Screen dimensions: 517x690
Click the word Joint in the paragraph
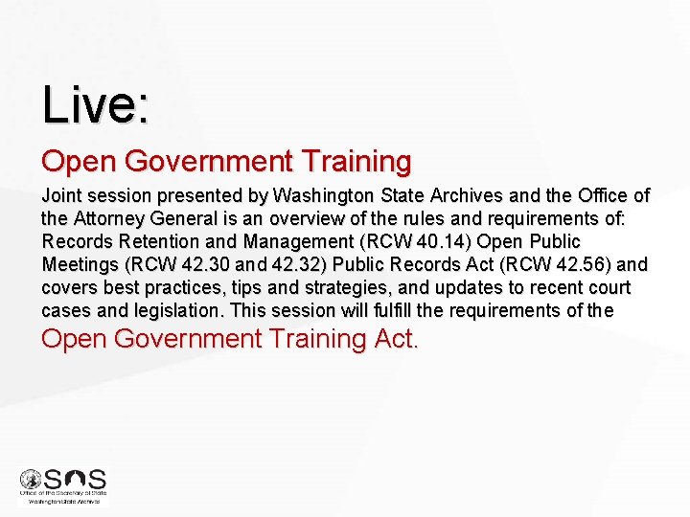(x=61, y=196)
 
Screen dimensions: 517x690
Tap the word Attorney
(x=105, y=219)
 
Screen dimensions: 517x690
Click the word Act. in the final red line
(x=396, y=339)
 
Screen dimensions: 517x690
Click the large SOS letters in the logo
(x=76, y=480)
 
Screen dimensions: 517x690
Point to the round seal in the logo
(x=30, y=479)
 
